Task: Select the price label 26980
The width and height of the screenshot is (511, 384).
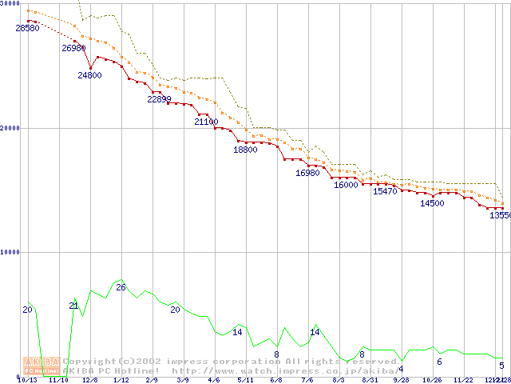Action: pos(73,48)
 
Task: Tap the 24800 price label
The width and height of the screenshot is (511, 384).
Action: pos(89,75)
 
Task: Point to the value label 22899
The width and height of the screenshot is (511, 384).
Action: pos(159,99)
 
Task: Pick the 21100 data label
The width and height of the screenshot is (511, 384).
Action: pos(206,122)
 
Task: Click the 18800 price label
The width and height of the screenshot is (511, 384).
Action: pos(245,150)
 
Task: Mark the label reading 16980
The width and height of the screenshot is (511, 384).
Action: pos(307,173)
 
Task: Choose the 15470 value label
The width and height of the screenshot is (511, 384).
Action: pos(385,192)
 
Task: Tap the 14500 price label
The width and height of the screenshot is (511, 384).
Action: pos(432,203)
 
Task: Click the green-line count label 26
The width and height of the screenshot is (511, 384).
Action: pos(121,286)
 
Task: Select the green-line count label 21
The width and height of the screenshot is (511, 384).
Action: pos(73,306)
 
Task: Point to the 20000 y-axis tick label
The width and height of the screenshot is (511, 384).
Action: pos(10,128)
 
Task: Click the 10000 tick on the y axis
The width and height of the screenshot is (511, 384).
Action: pos(10,252)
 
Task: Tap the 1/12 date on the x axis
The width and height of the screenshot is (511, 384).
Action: pos(121,380)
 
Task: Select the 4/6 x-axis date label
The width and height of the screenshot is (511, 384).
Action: pos(213,380)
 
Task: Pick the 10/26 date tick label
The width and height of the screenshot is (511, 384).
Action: pos(432,380)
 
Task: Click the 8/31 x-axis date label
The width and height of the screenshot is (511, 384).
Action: pos(370,380)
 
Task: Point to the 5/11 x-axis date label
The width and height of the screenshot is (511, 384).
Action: pos(245,380)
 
